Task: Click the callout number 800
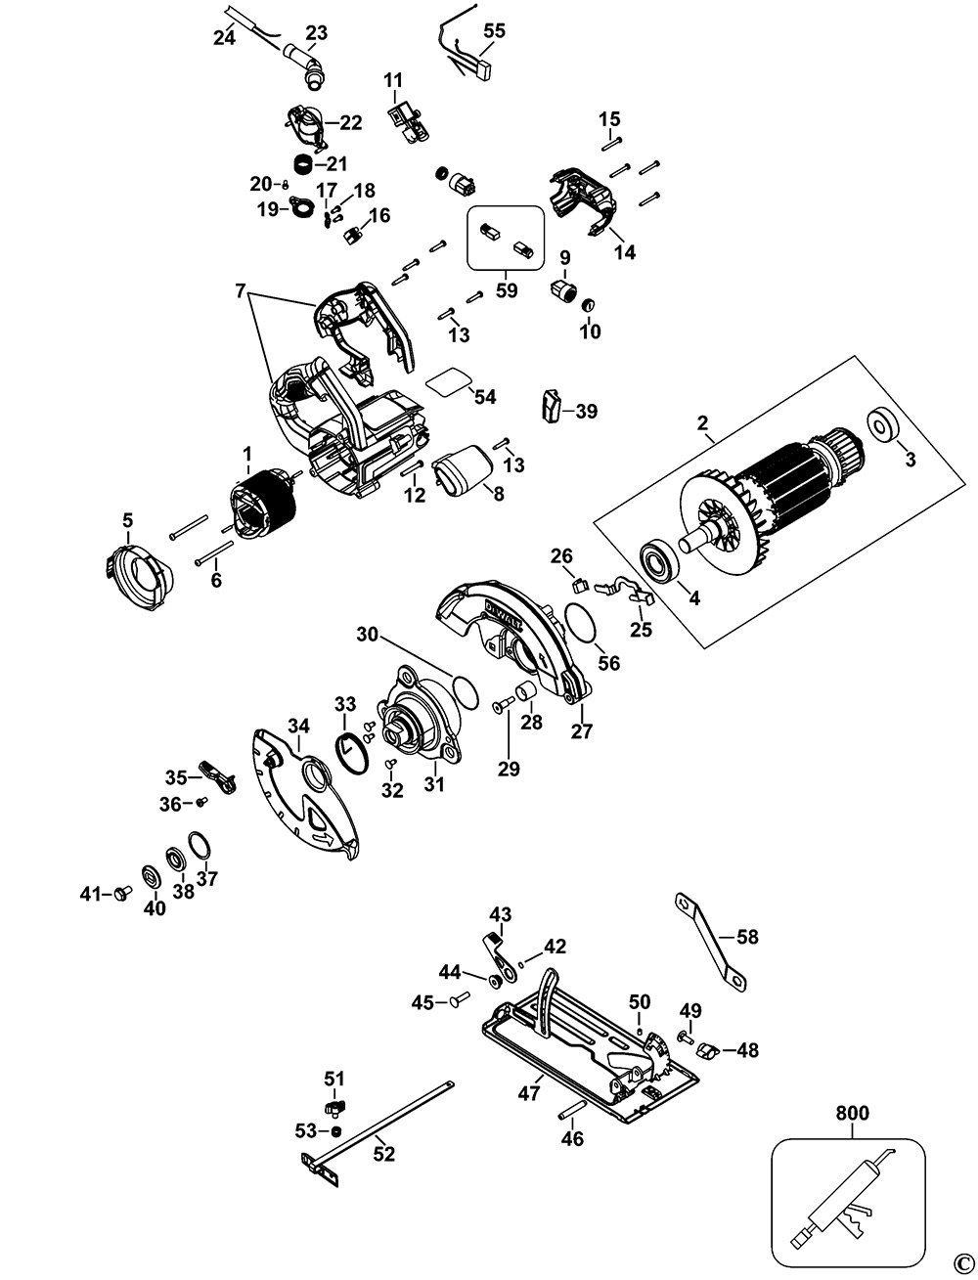(851, 1112)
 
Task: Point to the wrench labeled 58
(708, 939)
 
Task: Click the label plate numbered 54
(450, 380)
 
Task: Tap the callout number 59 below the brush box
(507, 290)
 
